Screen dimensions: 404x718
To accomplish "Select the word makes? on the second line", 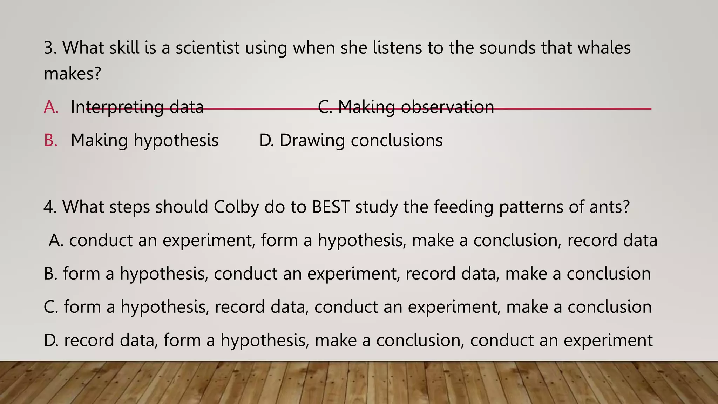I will (x=72, y=74).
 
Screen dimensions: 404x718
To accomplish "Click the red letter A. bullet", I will (x=51, y=107).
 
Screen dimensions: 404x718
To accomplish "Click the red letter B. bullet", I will (x=51, y=140).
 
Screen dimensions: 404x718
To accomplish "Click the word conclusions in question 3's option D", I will (x=397, y=140).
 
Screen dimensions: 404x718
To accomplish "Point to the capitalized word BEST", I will (x=331, y=207).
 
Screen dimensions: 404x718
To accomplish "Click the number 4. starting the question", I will (x=50, y=207).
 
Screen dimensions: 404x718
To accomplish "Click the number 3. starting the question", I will (x=50, y=48).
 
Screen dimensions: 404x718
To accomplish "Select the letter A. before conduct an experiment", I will (x=56, y=241).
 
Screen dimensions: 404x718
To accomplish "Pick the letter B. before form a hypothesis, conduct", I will (x=50, y=274).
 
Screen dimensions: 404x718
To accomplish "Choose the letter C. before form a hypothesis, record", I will (x=51, y=307).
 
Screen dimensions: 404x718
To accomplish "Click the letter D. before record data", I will (x=51, y=341).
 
